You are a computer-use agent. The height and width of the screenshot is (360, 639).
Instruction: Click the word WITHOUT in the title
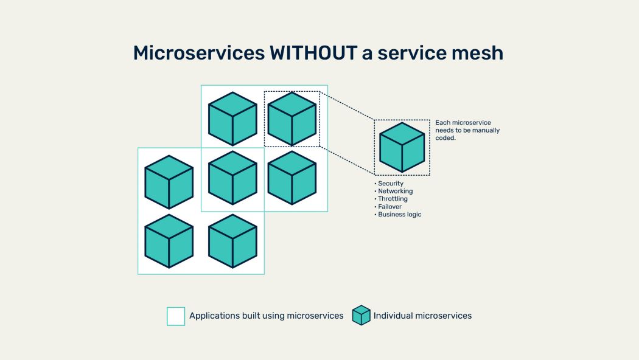[313, 53]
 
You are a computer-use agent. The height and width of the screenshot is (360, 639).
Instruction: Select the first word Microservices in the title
[199, 53]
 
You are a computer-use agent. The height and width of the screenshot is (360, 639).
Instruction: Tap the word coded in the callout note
[445, 138]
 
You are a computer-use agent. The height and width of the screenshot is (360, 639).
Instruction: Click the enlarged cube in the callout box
[402, 147]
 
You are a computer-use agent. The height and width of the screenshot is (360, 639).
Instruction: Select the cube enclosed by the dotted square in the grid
[292, 119]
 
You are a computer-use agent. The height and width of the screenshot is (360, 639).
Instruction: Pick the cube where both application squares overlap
[232, 178]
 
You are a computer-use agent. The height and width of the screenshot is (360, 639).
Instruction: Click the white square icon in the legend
[176, 316]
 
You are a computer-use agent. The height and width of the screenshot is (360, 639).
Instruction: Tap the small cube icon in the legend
[361, 316]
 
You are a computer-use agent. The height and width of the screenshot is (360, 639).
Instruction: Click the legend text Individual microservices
[422, 316]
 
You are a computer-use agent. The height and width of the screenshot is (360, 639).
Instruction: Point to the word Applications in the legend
[214, 316]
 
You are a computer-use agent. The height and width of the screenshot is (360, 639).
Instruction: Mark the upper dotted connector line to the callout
[347, 105]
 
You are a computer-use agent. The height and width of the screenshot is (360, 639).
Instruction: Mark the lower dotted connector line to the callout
[347, 161]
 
